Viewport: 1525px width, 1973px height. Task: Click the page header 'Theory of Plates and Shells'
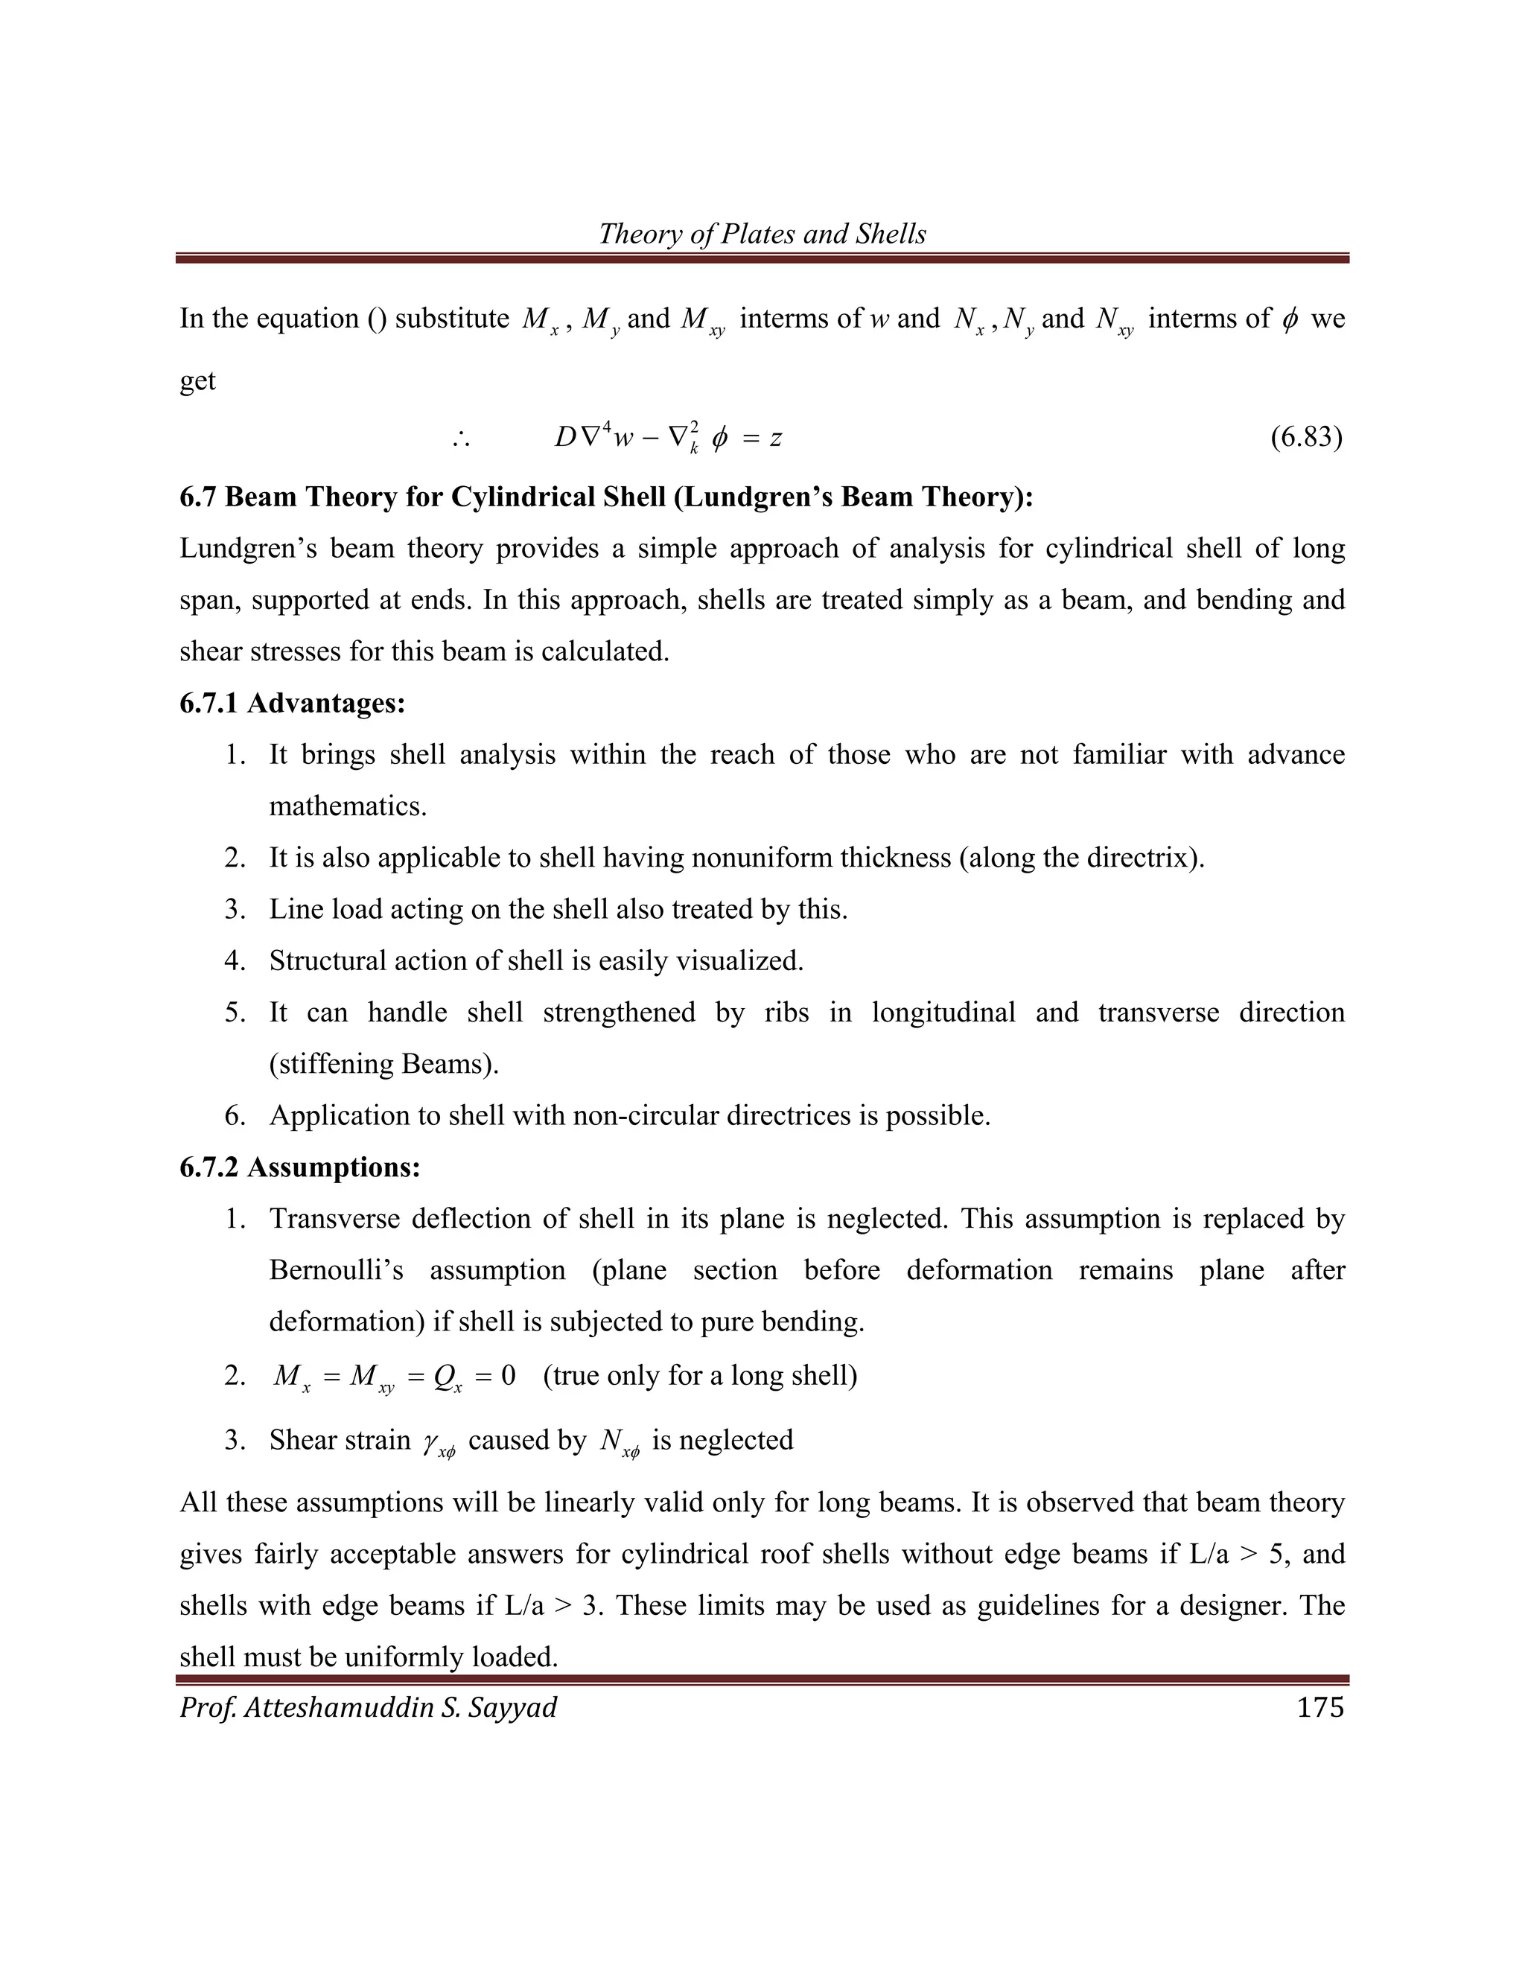click(762, 234)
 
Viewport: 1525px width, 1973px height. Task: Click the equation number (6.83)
click(1305, 438)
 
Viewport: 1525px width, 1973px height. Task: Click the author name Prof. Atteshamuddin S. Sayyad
click(368, 1707)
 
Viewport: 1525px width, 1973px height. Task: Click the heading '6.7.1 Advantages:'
click(292, 703)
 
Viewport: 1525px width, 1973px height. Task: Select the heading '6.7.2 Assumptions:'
click(300, 1167)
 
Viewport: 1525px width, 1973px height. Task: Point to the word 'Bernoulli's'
click(336, 1270)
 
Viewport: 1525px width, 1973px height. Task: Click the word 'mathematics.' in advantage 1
click(348, 806)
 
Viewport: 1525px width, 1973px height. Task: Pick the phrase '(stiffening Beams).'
click(384, 1064)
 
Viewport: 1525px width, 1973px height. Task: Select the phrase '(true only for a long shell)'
click(700, 1375)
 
